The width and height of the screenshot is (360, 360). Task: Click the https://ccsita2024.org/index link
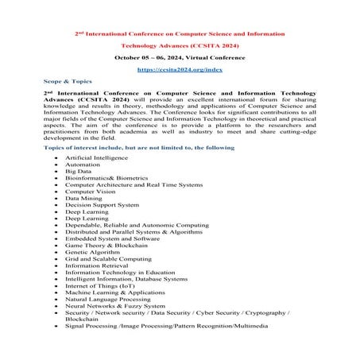pyautogui.click(x=180, y=70)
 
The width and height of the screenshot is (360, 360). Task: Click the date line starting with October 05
pyautogui.click(x=180, y=58)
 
